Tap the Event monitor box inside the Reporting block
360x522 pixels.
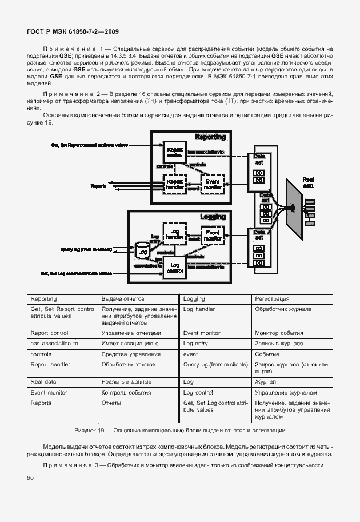coord(212,184)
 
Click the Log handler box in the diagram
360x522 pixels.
coord(173,234)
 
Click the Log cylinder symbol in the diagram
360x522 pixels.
coord(142,250)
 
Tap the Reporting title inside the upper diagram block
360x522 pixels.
coord(210,137)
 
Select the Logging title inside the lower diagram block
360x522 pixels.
coord(213,217)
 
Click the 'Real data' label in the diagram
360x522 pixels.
coord(308,181)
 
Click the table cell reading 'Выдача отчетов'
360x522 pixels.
coord(122,299)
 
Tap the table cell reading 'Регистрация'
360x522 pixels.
coord(272,299)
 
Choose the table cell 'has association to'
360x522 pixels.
coord(54,344)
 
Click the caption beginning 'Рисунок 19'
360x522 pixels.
coord(179,430)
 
